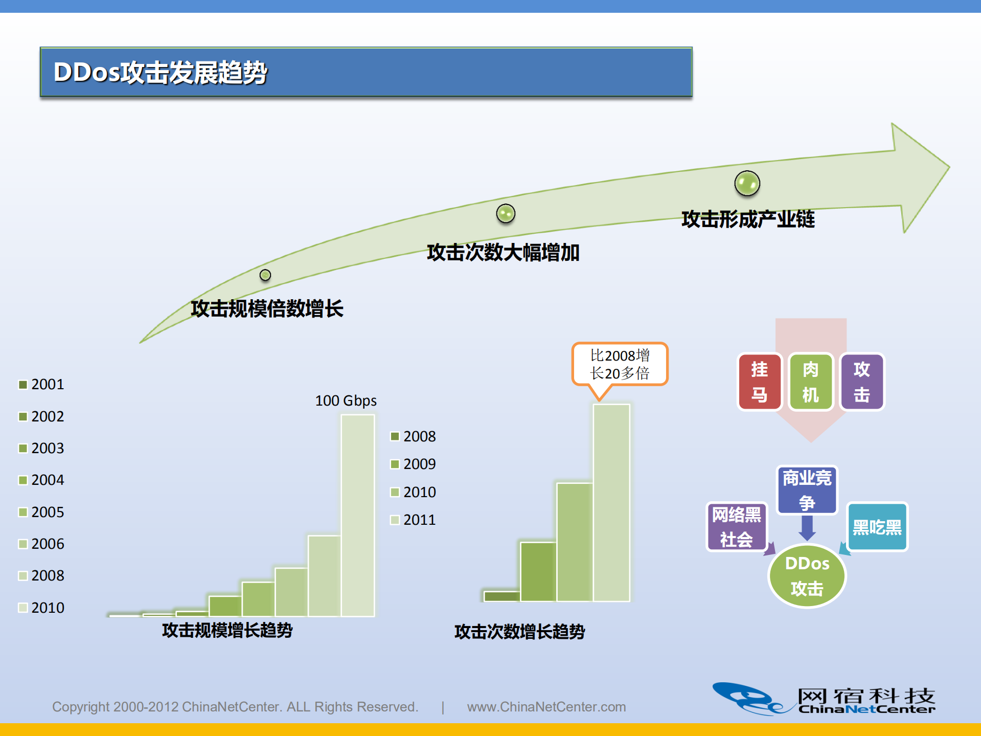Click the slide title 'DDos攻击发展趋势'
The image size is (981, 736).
click(x=161, y=72)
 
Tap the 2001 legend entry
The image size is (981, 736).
click(x=42, y=384)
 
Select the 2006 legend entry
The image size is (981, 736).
click(x=42, y=544)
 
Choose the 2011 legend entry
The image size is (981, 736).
click(x=414, y=520)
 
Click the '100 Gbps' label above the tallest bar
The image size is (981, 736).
click(x=346, y=400)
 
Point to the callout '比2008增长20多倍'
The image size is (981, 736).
click(x=620, y=364)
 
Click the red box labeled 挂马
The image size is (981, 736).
click(x=759, y=382)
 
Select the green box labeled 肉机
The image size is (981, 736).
click(x=810, y=382)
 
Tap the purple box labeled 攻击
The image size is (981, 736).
click(x=862, y=382)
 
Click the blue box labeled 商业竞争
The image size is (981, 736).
click(x=807, y=489)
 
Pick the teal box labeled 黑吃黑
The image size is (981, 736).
click(x=877, y=527)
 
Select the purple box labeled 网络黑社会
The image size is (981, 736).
click(x=736, y=526)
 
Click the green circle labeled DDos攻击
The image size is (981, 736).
click(x=807, y=576)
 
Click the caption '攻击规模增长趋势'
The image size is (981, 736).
click(x=227, y=630)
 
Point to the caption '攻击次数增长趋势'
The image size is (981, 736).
click(x=519, y=632)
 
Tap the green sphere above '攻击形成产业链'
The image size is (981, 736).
click(x=747, y=183)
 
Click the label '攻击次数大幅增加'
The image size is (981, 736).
click(x=503, y=253)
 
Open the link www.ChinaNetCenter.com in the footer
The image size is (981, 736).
click(x=546, y=707)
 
